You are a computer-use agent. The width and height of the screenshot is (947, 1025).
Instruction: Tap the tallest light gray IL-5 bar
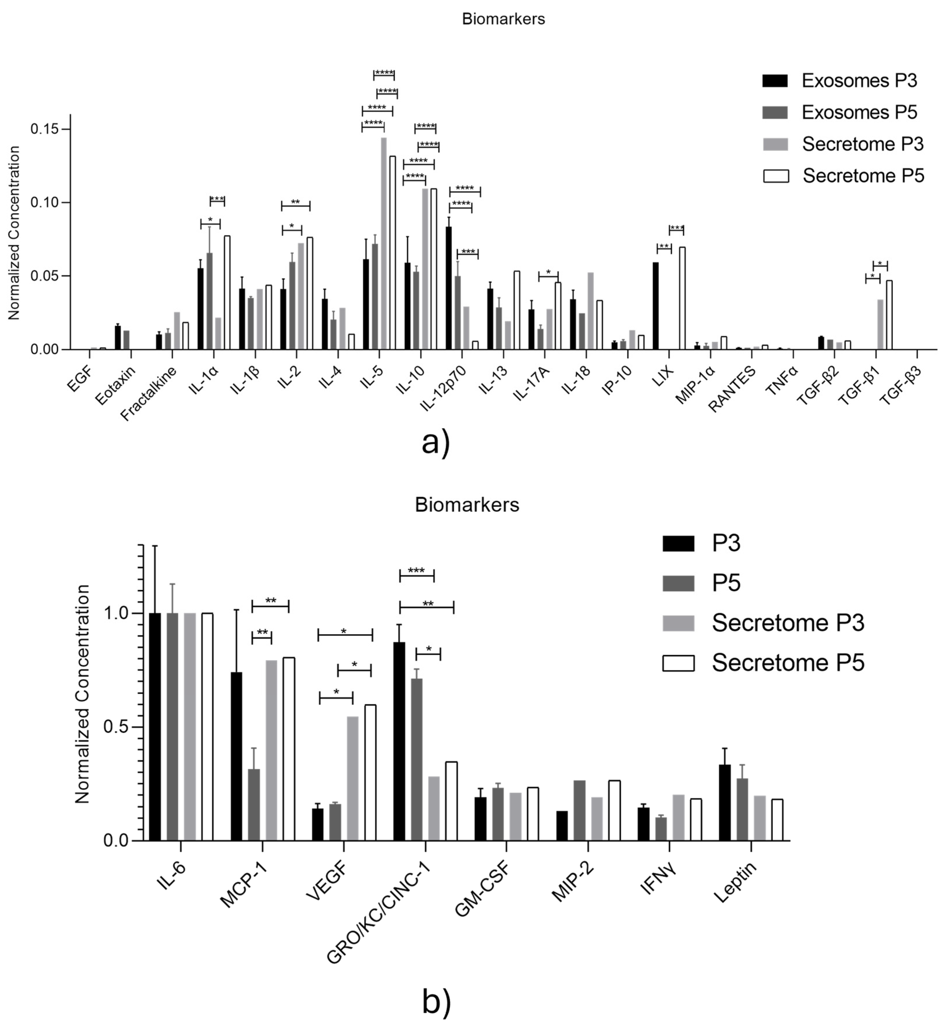pyautogui.click(x=383, y=244)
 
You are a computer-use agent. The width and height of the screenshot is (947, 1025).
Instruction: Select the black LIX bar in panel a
pyautogui.click(x=655, y=306)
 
